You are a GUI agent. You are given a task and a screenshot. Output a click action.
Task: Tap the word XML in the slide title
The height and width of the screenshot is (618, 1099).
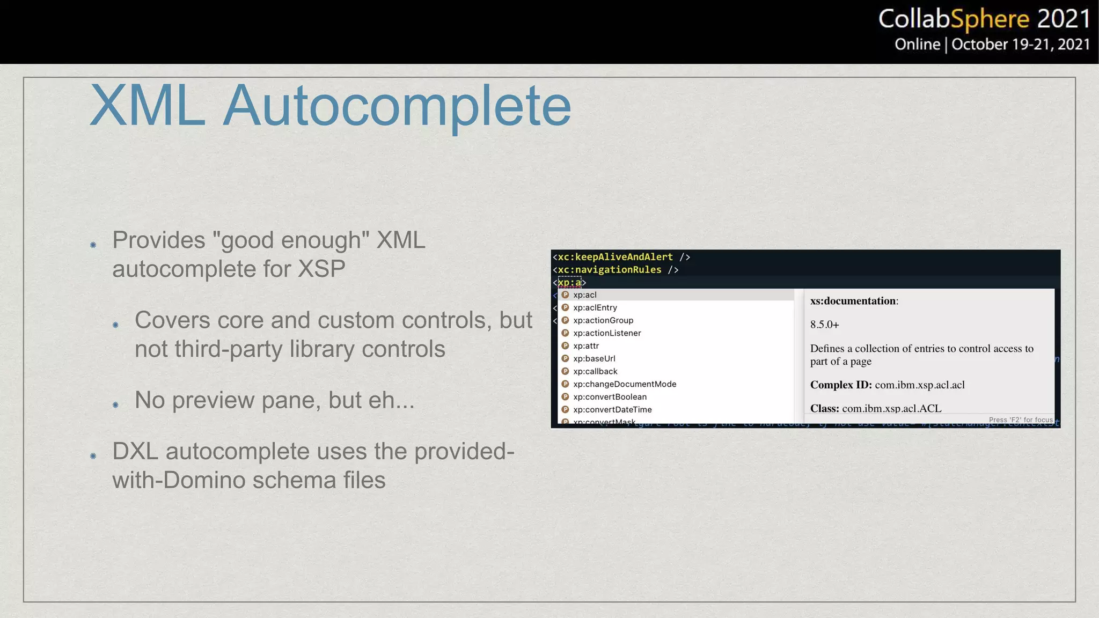[148, 106]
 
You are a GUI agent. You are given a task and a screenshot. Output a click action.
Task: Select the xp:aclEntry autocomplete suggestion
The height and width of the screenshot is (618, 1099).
[595, 308]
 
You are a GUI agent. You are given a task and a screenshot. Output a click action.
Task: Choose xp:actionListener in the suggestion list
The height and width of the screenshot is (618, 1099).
[607, 333]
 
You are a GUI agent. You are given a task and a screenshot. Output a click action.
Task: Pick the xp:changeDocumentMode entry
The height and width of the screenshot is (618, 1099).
[624, 384]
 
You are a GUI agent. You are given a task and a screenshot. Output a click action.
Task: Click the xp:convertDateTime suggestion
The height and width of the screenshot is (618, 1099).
[612, 410]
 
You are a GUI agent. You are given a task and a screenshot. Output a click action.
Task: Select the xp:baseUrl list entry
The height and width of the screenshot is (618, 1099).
[594, 359]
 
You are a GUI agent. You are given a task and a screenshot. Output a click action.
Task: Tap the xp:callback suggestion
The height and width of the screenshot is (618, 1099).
[595, 372]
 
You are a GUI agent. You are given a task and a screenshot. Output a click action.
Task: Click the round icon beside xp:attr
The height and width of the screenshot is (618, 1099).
[565, 346]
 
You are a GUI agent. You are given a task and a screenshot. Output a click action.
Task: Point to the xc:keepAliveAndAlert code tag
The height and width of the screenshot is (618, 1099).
[615, 257]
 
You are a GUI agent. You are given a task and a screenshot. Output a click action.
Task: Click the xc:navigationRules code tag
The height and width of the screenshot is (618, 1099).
[610, 270]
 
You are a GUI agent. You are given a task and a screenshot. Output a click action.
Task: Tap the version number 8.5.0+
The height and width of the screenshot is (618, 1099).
[824, 325]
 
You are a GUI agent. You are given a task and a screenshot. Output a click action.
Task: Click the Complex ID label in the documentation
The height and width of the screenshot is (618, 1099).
[840, 385]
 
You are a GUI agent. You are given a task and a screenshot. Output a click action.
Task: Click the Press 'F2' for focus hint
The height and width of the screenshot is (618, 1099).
[1021, 420]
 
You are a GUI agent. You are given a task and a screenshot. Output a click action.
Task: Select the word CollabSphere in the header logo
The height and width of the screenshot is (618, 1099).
[954, 19]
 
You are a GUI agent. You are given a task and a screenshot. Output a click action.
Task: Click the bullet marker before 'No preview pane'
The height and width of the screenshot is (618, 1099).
[115, 404]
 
